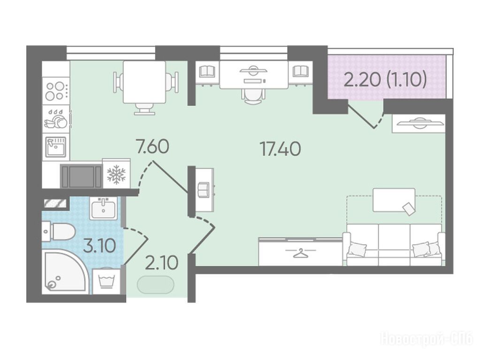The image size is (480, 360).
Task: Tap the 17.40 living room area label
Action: pos(281,149)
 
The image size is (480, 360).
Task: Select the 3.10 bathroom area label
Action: pos(99,246)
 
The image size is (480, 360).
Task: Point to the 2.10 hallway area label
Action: pos(161,263)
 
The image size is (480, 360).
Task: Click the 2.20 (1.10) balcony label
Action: pos(385,80)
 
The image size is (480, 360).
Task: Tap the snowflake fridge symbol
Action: pos(116,175)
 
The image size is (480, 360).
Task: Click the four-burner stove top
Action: pos(56,91)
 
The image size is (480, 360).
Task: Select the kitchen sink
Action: pos(56,147)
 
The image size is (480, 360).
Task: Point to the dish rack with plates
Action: pos(56,119)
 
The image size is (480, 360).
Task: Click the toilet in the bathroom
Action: pos(59,232)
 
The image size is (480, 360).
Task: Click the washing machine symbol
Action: pos(107,280)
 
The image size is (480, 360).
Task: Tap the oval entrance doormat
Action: pos(155,285)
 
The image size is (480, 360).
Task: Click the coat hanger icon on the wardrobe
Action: pos(300,253)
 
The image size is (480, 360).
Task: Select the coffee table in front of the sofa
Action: pos(394,200)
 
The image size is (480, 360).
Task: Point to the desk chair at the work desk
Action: pos(253,97)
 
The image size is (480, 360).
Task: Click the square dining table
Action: pos(144,82)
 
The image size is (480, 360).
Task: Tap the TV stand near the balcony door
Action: pos(419,123)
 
